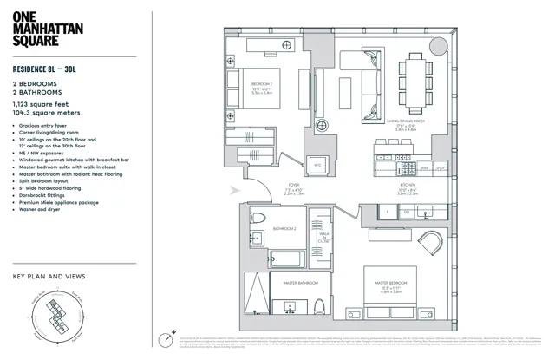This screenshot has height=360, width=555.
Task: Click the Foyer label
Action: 294,185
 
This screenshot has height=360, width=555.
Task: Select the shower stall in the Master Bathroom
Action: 255,294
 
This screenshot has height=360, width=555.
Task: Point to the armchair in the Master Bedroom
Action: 430,243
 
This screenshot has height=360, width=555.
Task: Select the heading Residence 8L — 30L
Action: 56,69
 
